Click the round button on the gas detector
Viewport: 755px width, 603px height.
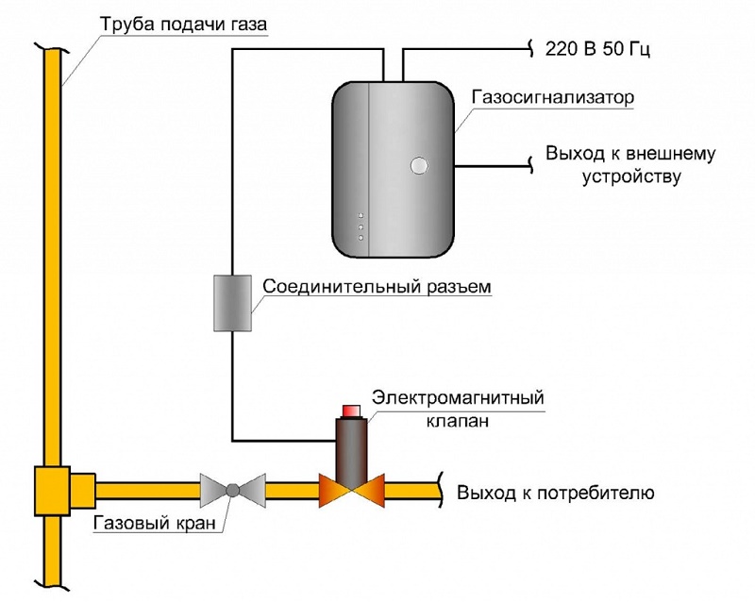click(x=418, y=167)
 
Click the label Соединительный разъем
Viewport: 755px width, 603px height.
click(x=377, y=287)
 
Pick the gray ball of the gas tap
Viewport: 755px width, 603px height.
click(x=232, y=490)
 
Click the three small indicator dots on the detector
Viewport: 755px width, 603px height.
click(x=361, y=227)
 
